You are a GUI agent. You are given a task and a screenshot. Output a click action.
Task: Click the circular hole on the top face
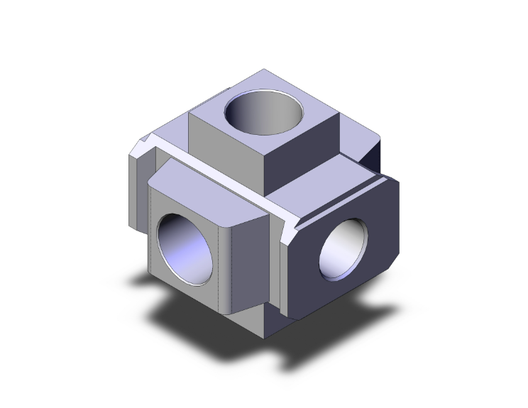(264, 114)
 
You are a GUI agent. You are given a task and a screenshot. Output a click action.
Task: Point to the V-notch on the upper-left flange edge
(148, 145)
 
